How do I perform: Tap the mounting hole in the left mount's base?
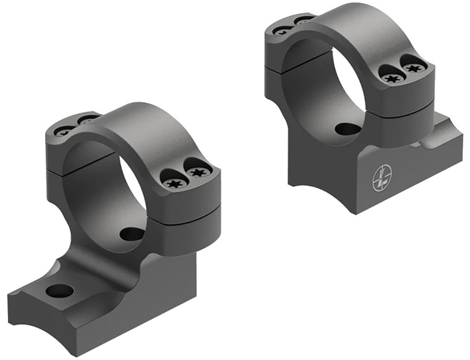click(59, 290)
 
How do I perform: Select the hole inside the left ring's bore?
click(132, 234)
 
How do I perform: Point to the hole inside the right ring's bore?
click(348, 129)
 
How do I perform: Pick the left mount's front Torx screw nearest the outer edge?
click(197, 171)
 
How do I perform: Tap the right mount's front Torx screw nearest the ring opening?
click(391, 78)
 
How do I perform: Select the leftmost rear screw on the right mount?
click(282, 30)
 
